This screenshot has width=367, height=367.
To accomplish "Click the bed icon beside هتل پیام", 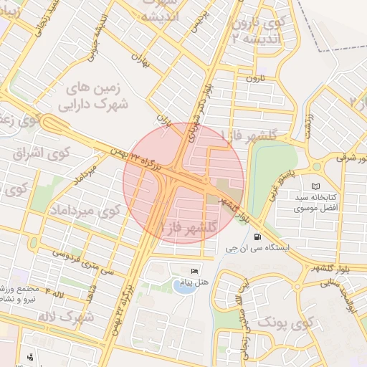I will click(x=194, y=270).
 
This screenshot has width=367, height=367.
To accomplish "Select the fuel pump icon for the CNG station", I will click(x=257, y=237).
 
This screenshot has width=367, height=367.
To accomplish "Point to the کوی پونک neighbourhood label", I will click(x=285, y=325).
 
